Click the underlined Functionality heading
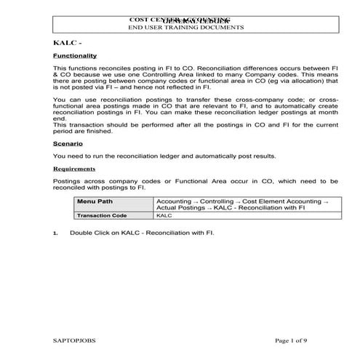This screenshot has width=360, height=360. (75, 56)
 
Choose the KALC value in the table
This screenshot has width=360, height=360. (164, 216)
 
